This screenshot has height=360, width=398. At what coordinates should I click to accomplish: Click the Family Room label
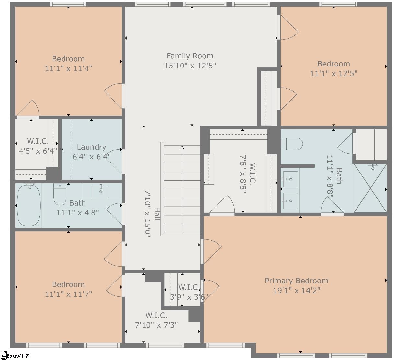[x=190, y=56]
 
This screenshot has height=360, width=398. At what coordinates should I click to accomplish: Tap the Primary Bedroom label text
[x=296, y=281]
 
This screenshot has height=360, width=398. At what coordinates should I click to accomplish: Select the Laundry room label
[x=91, y=147]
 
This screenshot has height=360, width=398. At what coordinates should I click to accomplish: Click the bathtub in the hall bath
[x=29, y=205]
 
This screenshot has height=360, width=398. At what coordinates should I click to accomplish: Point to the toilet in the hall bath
[x=60, y=195]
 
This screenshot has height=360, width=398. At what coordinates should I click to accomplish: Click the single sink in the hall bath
[x=100, y=191]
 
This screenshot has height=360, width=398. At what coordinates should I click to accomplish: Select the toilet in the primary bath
[x=292, y=143]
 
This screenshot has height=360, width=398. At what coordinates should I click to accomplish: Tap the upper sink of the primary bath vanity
[x=290, y=179]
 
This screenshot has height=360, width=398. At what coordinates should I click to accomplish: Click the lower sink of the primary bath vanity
[x=290, y=201]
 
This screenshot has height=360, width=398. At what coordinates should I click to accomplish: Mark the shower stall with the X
[x=370, y=188]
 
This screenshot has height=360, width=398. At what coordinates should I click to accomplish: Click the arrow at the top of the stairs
[x=182, y=148]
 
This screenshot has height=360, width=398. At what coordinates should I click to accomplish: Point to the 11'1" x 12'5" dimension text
[x=334, y=74]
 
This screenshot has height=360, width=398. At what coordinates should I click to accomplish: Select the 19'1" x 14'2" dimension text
[x=296, y=290]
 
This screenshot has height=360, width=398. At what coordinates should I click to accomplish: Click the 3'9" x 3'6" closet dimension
[x=189, y=296]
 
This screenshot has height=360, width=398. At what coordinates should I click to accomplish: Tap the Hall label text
[x=157, y=214]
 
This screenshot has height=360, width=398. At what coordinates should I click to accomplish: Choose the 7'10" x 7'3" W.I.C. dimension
[x=156, y=325]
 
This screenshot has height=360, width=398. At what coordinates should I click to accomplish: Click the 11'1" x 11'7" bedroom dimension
[x=68, y=294]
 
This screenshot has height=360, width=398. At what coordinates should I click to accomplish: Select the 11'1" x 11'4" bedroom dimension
[x=68, y=68]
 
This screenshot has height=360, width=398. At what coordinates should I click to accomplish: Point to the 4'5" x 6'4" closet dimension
[x=38, y=151]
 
